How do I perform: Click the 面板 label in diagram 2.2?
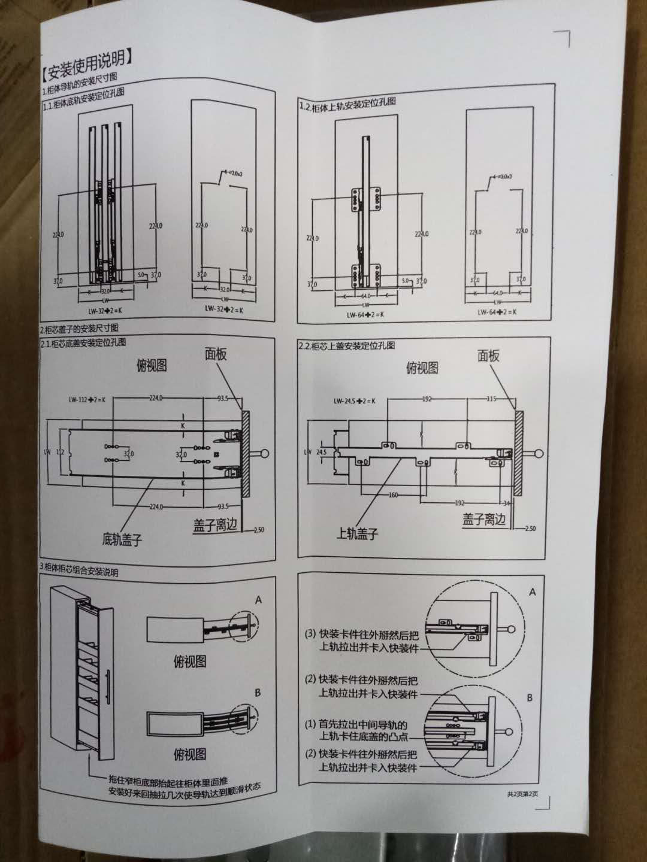[x=488, y=356]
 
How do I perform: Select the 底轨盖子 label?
[x=122, y=539]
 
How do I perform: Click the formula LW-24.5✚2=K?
[x=355, y=400]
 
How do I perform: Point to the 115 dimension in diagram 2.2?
[x=492, y=399]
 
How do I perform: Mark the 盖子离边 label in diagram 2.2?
[x=484, y=519]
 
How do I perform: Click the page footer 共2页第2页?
[x=522, y=794]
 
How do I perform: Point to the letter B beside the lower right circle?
[x=529, y=698]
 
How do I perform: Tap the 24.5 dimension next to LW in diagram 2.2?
[x=322, y=452]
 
